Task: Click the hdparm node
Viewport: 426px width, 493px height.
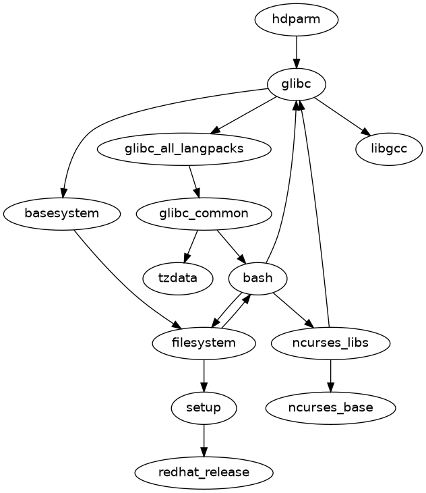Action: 297,20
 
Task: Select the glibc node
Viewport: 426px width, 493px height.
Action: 297,84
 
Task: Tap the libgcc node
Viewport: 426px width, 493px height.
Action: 390,148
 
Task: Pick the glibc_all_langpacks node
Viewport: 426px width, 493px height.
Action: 184,148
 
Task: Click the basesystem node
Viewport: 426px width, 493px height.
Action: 62,214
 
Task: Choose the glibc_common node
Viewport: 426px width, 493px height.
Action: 204,214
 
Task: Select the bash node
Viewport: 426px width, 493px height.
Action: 259,278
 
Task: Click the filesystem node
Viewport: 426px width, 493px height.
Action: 204,343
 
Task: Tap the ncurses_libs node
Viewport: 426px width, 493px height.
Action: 330,343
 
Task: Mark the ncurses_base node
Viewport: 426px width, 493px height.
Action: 330,407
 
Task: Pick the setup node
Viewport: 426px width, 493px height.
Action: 204,407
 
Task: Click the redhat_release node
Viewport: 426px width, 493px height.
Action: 204,472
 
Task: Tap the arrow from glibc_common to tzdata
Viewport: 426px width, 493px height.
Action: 191,246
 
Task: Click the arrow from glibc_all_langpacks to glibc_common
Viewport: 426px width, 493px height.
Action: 193,181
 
